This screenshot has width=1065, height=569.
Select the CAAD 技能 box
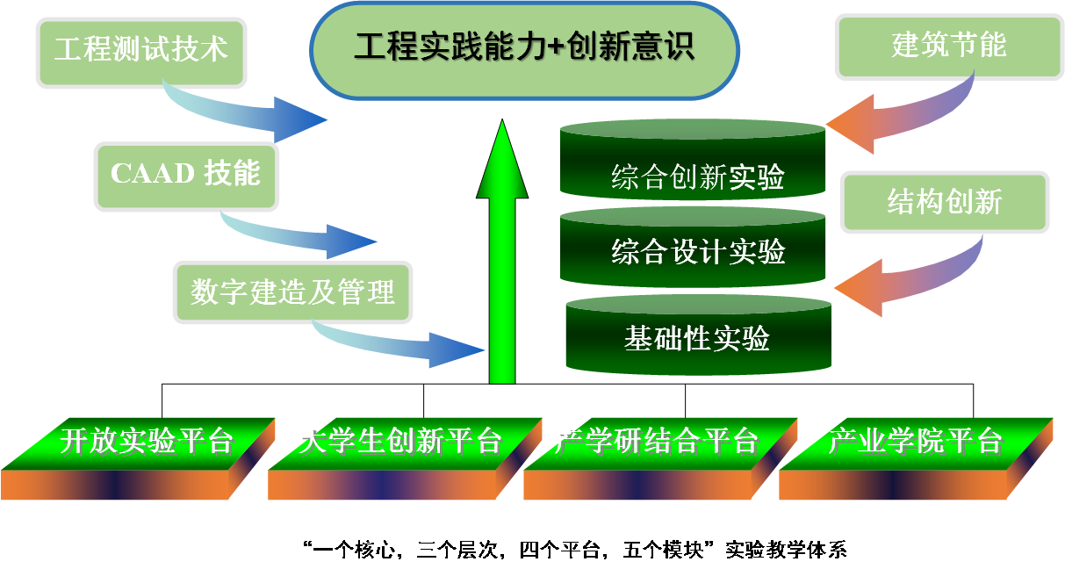[186, 174]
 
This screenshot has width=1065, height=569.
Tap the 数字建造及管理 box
[292, 292]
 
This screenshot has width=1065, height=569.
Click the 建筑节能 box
[948, 45]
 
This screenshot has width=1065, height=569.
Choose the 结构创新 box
[945, 203]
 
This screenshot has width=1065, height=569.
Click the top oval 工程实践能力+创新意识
[524, 47]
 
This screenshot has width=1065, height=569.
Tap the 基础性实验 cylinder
[698, 338]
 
